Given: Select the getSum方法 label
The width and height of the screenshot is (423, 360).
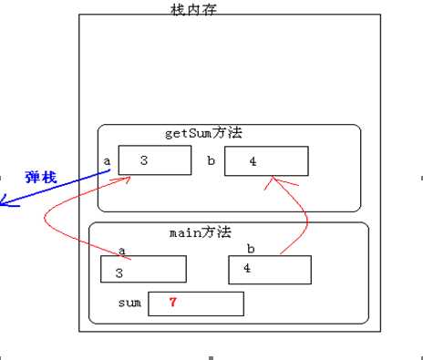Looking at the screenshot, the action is coord(204,133).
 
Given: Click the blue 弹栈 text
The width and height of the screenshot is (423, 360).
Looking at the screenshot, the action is coord(40,178).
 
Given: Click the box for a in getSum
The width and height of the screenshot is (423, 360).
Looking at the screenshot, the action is coord(152,160).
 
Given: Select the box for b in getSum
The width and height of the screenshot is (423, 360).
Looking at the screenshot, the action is coord(265,161).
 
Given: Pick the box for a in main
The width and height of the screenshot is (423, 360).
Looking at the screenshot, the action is coord(144,269).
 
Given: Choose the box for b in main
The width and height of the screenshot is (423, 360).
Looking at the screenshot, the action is coord(270,270).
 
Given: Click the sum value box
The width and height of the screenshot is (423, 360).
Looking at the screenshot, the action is coord(195,303).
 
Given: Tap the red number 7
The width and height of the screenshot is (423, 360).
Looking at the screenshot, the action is coord(172,303).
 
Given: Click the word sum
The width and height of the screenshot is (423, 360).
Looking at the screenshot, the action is coord(129,303).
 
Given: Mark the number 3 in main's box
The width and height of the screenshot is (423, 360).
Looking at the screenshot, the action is coord(119,272).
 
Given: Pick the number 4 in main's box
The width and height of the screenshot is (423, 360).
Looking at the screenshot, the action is coord(245,268).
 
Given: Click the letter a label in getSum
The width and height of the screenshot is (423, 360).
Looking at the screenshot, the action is coord(107,161).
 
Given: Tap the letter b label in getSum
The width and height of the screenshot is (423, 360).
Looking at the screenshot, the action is coord(211,161).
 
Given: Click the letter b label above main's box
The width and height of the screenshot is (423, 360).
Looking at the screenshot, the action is coord(251,247).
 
